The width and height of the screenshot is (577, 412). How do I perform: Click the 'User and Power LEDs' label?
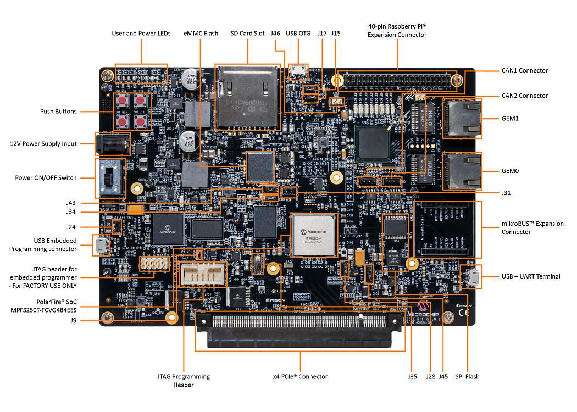pyautogui.click(x=141, y=33)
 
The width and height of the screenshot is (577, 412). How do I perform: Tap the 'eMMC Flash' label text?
pyautogui.click(x=201, y=33)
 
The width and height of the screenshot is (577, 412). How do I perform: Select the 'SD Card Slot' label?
pyautogui.click(x=247, y=33)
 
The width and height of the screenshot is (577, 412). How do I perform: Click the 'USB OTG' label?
pyautogui.click(x=298, y=33)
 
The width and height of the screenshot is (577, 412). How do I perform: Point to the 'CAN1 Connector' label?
pyautogui.click(x=524, y=70)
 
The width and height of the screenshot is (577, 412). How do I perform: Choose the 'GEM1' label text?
pyautogui.click(x=510, y=118)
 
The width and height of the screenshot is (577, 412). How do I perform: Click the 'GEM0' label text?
pyautogui.click(x=510, y=171)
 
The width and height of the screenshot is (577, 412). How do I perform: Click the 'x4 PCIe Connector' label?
pyautogui.click(x=300, y=376)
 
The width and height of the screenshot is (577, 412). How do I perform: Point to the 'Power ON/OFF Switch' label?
pyautogui.click(x=46, y=177)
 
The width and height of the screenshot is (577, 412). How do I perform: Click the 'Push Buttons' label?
pyautogui.click(x=58, y=112)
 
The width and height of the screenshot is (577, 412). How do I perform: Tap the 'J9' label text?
pyautogui.click(x=74, y=320)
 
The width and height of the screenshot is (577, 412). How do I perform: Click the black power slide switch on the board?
pyautogui.click(x=110, y=178)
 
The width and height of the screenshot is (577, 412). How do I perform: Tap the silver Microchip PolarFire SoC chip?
pyautogui.click(x=314, y=235)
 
